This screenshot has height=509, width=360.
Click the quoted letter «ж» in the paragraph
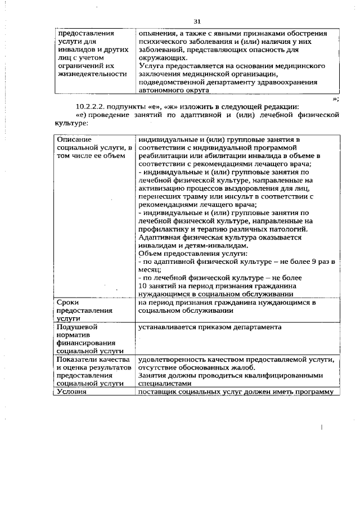pyautogui.click(x=163, y=107)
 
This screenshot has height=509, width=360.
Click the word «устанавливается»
pyautogui.click(x=167, y=327)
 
